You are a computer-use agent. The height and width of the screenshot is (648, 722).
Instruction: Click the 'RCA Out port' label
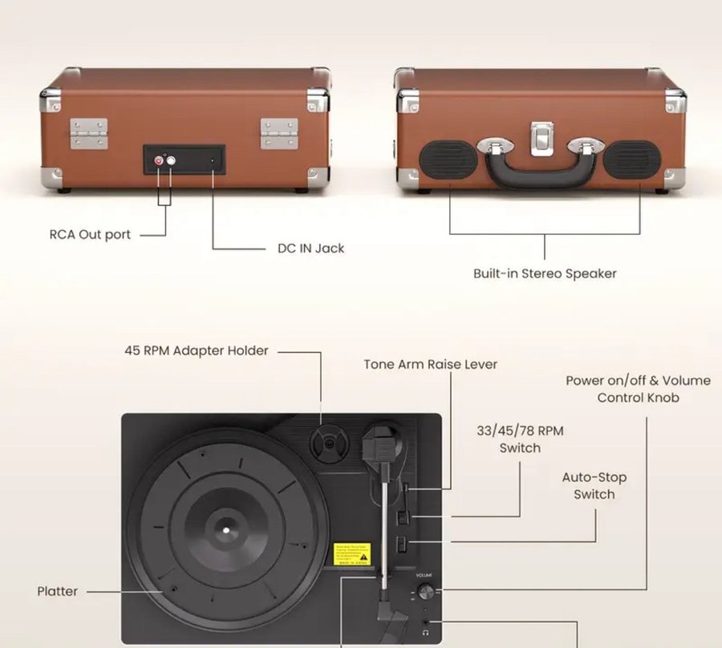[90, 235]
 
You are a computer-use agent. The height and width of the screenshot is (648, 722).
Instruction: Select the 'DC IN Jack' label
[310, 249]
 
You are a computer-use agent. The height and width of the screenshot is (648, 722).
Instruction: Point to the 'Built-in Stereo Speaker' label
[545, 273]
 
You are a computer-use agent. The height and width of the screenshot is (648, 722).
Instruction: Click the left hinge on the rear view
[88, 133]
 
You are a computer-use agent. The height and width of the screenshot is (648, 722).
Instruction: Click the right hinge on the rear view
[278, 133]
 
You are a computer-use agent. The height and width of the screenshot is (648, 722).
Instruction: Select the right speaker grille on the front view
[633, 160]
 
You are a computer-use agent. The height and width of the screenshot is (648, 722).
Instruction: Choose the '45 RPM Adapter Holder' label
[197, 350]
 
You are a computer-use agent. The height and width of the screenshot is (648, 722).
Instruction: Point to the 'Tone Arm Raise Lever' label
[430, 364]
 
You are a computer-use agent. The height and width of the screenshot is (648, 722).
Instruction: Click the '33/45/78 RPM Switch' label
[520, 439]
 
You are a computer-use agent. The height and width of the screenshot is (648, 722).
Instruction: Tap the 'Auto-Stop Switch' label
[594, 486]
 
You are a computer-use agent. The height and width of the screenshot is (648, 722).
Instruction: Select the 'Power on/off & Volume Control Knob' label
[638, 389]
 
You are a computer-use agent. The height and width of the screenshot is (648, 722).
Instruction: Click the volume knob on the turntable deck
[425, 592]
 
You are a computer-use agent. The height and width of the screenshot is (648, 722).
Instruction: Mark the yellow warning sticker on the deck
[352, 553]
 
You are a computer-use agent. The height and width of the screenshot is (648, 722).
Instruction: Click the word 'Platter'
[58, 592]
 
